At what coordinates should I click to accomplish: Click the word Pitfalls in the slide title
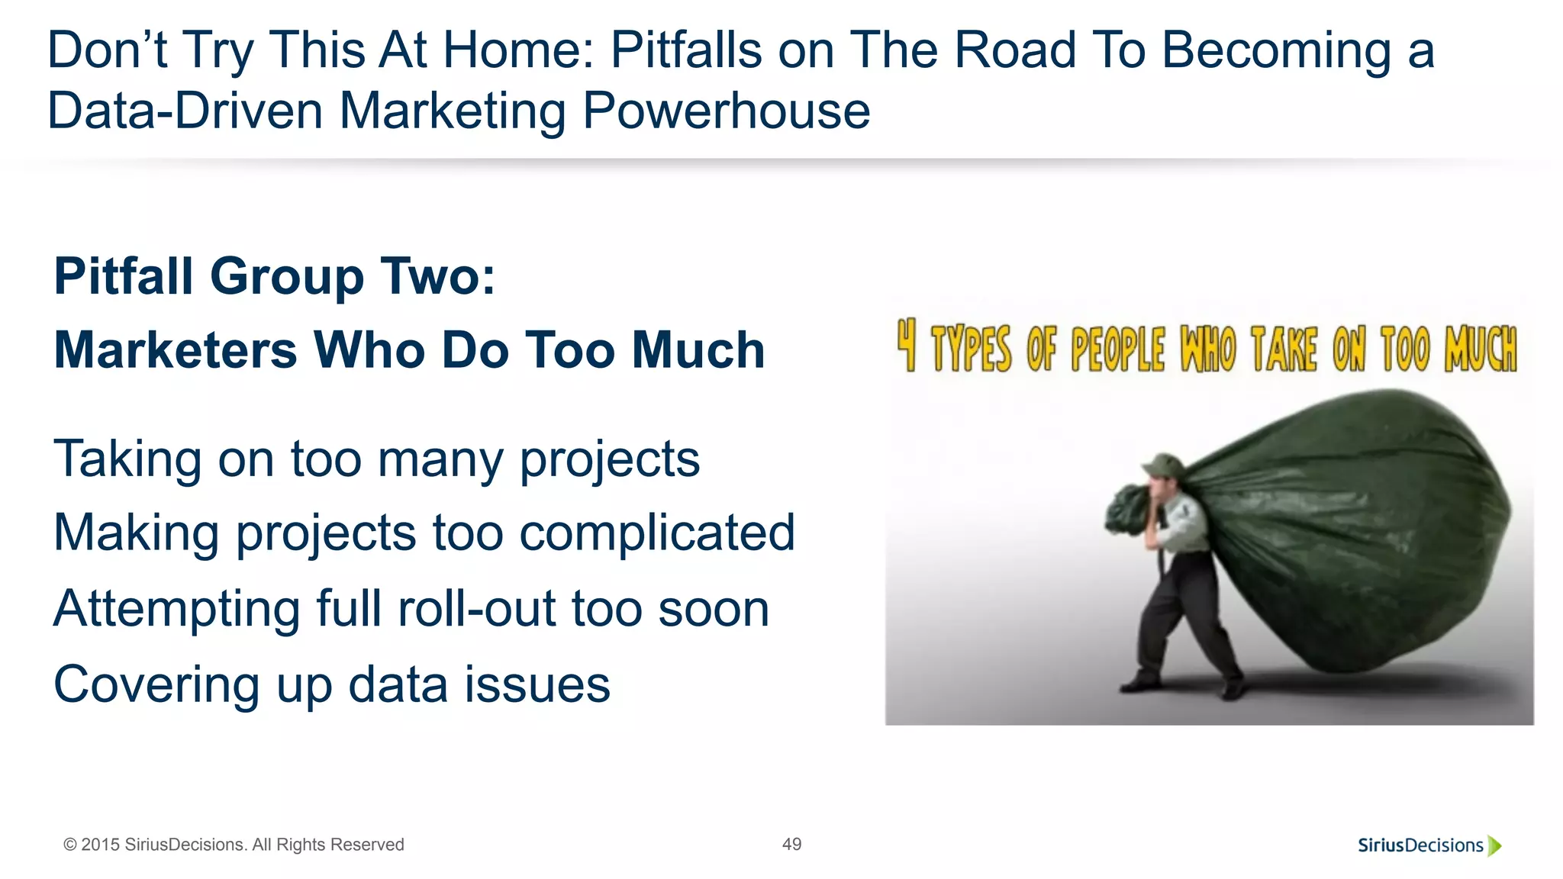tap(686, 50)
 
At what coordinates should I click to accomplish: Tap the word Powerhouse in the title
tap(726, 111)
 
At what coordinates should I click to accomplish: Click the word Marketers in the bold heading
tap(176, 350)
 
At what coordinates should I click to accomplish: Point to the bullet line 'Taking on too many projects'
tap(376, 459)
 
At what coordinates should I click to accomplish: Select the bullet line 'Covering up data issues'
tap(332, 684)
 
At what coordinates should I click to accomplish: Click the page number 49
tap(791, 844)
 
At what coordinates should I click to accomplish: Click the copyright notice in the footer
tap(234, 845)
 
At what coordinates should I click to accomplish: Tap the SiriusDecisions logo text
tap(1420, 845)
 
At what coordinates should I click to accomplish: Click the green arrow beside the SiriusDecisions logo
tap(1495, 845)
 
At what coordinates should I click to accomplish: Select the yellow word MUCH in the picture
tap(1481, 349)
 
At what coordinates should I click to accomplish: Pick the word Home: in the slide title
tap(519, 50)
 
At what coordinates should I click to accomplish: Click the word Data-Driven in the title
tap(185, 111)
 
